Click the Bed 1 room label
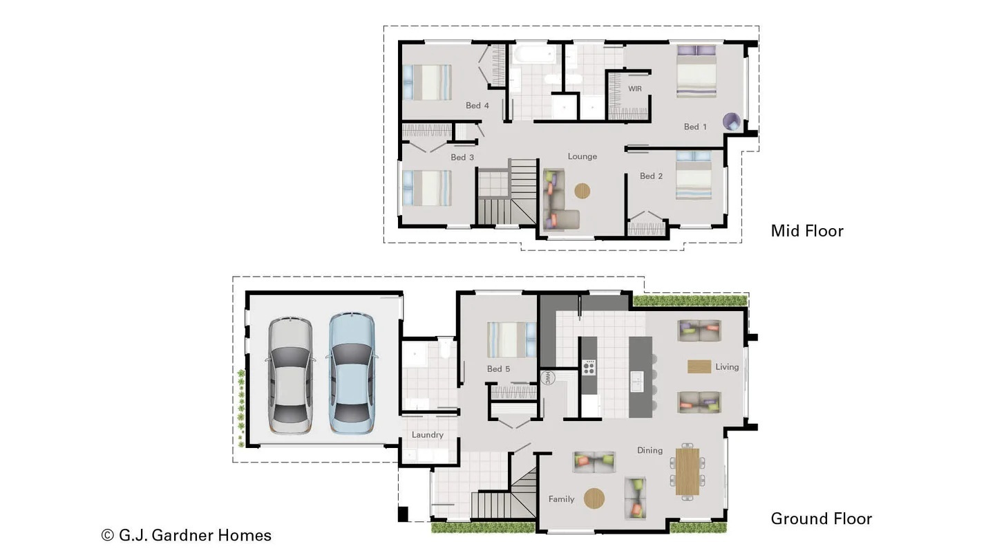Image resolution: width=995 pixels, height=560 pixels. point(695,127)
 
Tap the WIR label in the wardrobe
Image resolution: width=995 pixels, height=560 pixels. point(634,89)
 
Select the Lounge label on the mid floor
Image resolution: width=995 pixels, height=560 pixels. point(582,156)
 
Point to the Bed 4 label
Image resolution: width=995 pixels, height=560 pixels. point(477,106)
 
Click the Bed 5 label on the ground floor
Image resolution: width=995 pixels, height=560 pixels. point(498,368)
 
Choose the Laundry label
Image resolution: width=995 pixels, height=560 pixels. point(427,435)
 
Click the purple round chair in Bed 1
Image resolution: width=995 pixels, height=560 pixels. point(731,122)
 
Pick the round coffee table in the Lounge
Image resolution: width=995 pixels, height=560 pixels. point(582,191)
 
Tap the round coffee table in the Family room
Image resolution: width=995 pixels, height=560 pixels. point(594,498)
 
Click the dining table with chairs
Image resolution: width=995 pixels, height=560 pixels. point(687,472)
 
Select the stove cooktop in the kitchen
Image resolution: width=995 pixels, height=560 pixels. point(589,366)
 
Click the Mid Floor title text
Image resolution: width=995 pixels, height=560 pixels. point(806,231)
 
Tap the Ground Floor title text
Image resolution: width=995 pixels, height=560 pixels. point(821,519)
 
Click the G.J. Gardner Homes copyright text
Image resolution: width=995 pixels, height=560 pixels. point(187,535)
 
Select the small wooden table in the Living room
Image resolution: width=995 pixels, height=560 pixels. point(699,366)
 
